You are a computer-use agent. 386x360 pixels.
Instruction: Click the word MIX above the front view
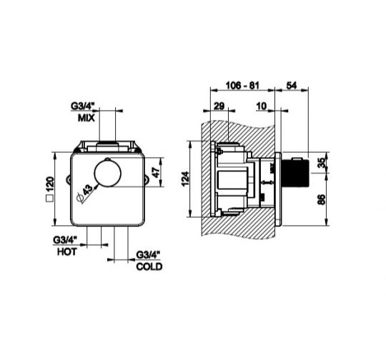click(x=86, y=118)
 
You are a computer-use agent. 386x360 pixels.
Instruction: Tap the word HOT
click(x=67, y=252)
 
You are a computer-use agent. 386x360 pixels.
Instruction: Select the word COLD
click(x=149, y=266)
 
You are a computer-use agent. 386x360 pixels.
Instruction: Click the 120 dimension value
click(x=50, y=184)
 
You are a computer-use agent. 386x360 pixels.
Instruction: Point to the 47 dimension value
click(x=157, y=172)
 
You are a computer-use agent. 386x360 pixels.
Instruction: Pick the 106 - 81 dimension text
click(x=242, y=86)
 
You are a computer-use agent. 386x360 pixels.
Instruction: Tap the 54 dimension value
click(x=292, y=86)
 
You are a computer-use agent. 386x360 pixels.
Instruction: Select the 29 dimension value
click(x=219, y=106)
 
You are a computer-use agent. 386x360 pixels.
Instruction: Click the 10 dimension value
click(x=262, y=106)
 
